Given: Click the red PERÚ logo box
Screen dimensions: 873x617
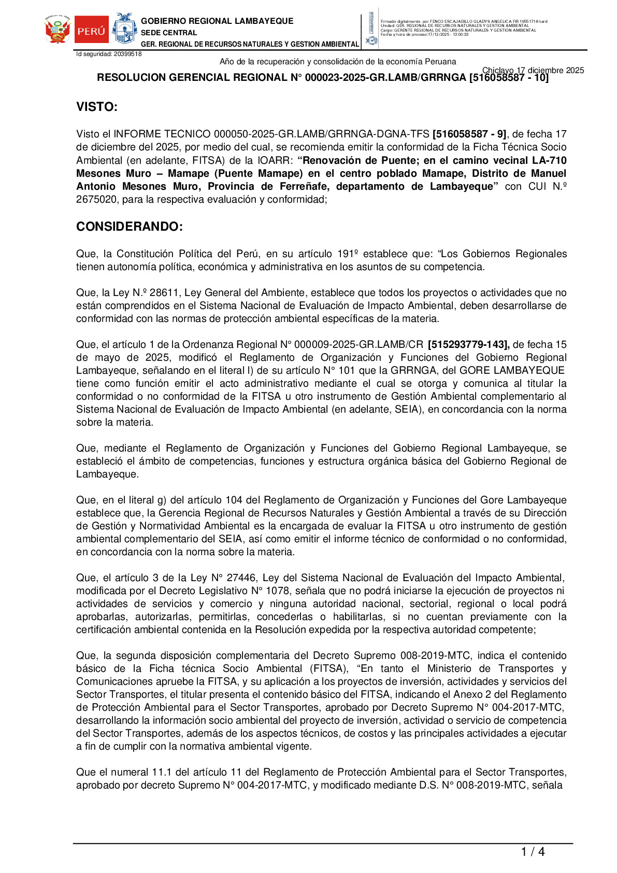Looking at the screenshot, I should click(x=92, y=30).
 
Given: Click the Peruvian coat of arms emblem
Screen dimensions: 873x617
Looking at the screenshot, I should click(x=58, y=30).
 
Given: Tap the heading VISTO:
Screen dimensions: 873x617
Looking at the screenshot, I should click(x=97, y=107).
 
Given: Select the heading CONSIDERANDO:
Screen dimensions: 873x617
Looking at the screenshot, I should click(x=130, y=227).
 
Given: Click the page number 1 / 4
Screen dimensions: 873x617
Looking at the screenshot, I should click(x=533, y=852).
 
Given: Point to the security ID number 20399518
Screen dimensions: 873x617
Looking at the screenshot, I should click(x=127, y=54).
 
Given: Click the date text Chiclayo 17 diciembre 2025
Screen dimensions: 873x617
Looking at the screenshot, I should click(x=533, y=71).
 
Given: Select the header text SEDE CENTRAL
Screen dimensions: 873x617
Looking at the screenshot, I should click(x=169, y=33).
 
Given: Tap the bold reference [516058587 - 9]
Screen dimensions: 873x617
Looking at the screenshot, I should click(x=469, y=134).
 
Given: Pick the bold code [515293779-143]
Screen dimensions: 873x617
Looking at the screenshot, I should click(x=468, y=345).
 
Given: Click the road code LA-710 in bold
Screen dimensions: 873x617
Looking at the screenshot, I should click(x=549, y=161).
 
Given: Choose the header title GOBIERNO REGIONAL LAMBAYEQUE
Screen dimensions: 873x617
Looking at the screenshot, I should click(x=217, y=21).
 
